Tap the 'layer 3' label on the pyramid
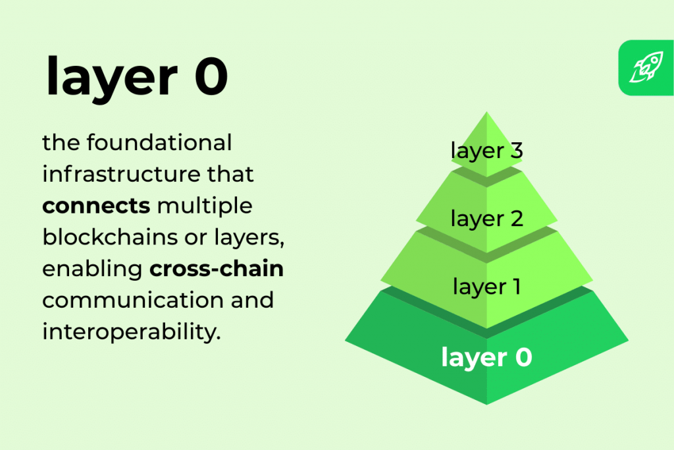point(486,150)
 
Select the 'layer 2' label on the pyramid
point(486,219)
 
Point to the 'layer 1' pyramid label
point(486,287)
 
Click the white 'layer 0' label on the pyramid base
point(486,358)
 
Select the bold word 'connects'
point(96,206)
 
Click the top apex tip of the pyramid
point(486,113)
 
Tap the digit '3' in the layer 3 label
point(515,150)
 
